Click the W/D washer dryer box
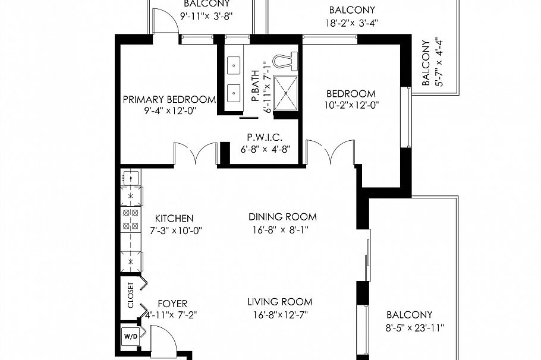coord(130,336)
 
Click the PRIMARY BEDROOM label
coord(168,99)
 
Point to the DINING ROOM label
coord(282,217)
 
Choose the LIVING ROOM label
coord(280,302)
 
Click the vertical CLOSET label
coord(131,295)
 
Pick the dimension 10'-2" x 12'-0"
coord(351,105)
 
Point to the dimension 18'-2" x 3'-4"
coord(352,23)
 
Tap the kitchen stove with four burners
coord(130,219)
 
